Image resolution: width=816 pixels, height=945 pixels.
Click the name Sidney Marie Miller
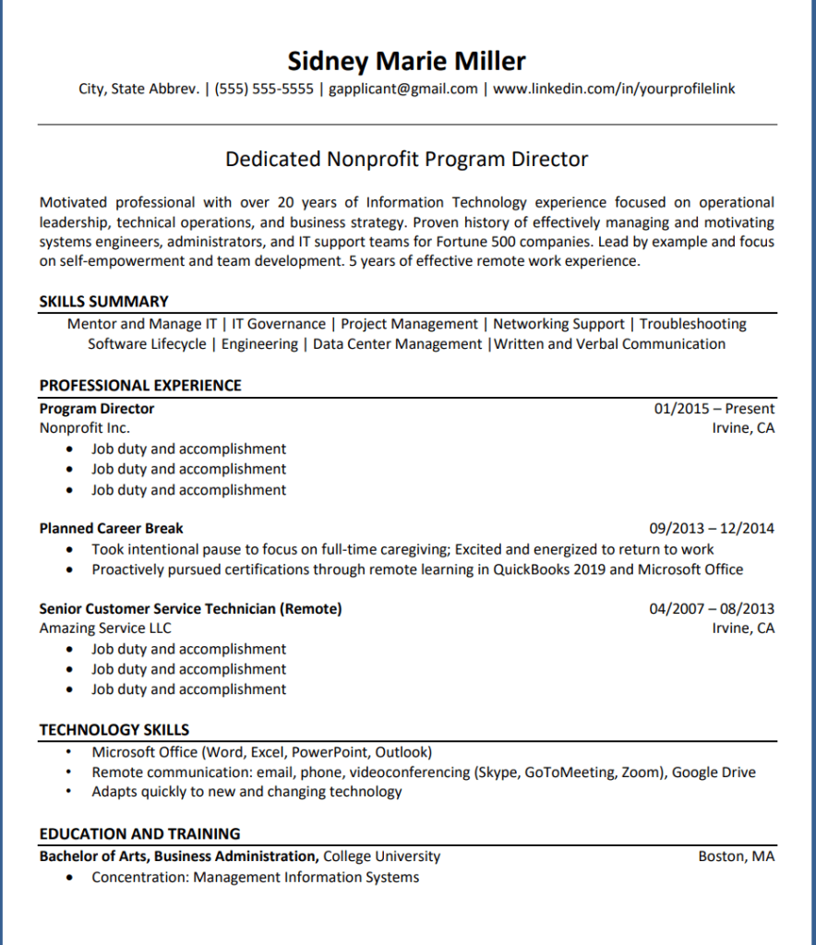[x=406, y=61]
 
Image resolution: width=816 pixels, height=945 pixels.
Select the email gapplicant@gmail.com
[x=403, y=90]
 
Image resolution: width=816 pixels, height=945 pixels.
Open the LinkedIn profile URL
[x=614, y=90]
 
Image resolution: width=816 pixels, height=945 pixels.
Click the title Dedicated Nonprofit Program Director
[x=406, y=160]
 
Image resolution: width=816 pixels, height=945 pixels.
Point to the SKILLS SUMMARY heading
[x=103, y=302]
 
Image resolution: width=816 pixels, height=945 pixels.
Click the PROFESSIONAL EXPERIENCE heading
[x=140, y=386]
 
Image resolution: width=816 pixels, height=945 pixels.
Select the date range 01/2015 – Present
[x=714, y=409]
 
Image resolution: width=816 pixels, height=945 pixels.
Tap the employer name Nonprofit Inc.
[x=85, y=428]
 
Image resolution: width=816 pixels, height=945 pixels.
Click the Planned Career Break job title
[x=111, y=529]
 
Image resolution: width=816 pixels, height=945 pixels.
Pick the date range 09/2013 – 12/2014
[x=712, y=529]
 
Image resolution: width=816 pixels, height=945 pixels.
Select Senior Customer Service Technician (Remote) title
[x=190, y=609]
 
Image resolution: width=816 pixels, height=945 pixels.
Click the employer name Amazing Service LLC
[x=105, y=628]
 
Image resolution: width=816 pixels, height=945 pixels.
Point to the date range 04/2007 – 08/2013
[x=712, y=609]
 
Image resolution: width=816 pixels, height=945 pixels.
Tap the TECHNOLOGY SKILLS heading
[x=114, y=730]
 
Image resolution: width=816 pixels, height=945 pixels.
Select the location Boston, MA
[x=736, y=856]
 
